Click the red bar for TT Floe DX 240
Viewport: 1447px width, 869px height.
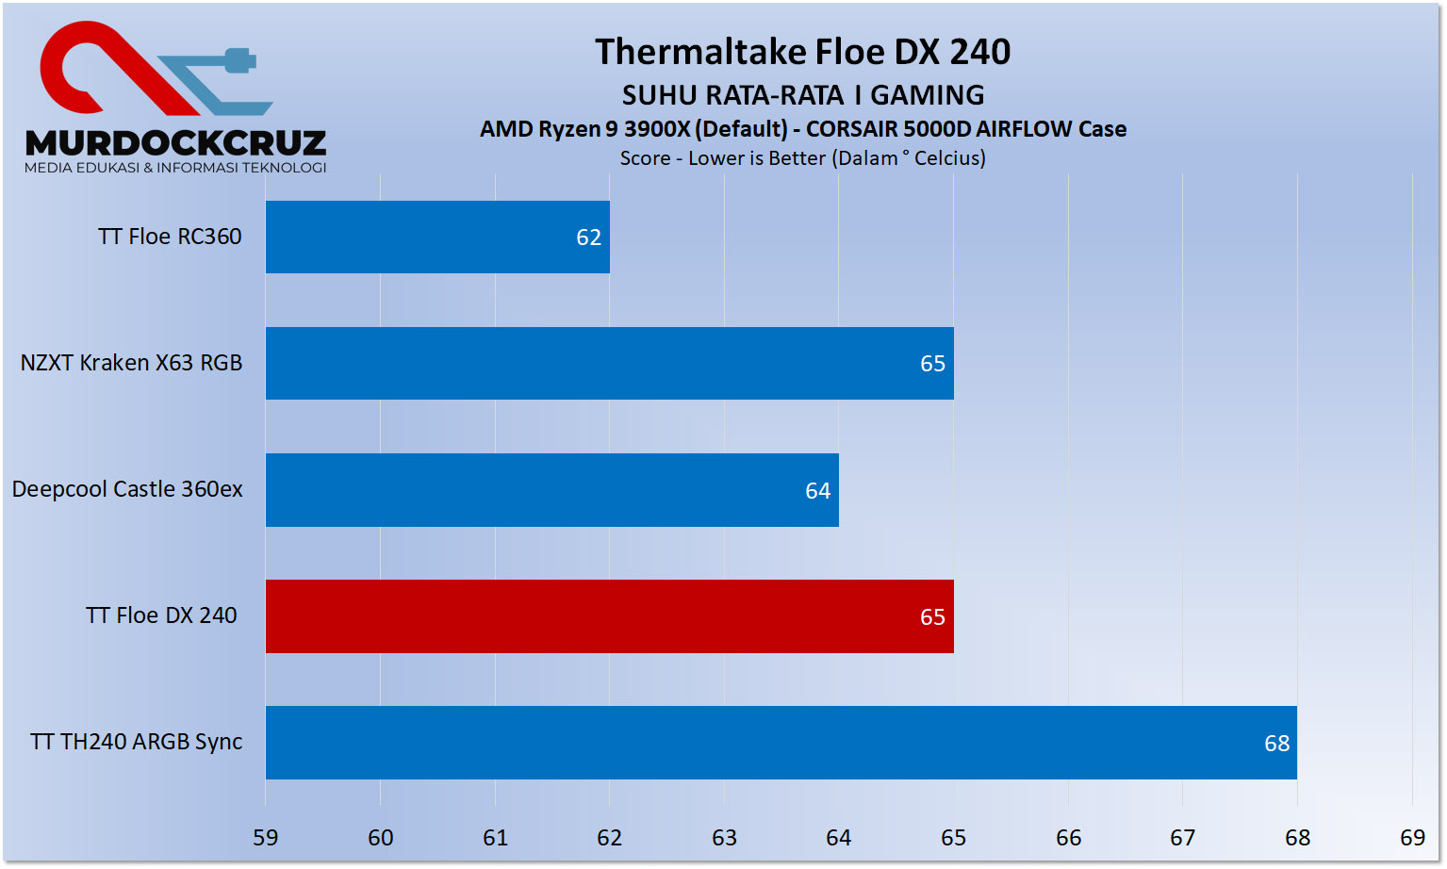point(609,616)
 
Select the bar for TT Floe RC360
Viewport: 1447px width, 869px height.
point(437,237)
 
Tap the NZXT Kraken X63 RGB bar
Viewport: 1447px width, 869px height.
point(609,363)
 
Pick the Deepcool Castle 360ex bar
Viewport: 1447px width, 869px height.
point(551,490)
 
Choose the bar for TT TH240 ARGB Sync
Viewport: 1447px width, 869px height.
point(781,743)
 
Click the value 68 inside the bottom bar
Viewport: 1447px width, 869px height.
point(1276,744)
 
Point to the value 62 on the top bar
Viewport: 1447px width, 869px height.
point(588,238)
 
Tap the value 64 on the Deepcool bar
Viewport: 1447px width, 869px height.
point(817,491)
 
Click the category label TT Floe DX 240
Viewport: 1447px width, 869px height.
point(161,615)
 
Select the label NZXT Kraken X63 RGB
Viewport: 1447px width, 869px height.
point(132,363)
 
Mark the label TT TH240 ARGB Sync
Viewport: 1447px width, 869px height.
point(137,742)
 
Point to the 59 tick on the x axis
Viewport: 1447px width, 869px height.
point(266,838)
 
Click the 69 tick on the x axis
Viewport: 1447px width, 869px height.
point(1412,838)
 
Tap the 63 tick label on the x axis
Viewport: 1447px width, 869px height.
point(724,838)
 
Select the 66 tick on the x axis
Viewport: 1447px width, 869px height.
point(1068,838)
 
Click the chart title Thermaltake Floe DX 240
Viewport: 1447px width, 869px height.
point(802,52)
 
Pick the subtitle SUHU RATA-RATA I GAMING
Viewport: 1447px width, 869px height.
point(803,95)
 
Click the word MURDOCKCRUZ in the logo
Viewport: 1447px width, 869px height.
point(176,143)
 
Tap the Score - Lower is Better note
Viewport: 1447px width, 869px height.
point(802,158)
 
